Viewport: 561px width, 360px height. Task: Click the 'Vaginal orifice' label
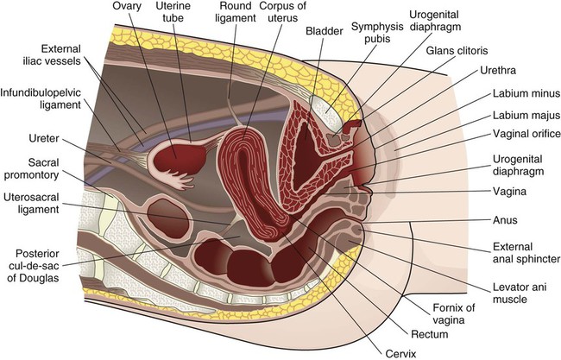pyautogui.click(x=525, y=133)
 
